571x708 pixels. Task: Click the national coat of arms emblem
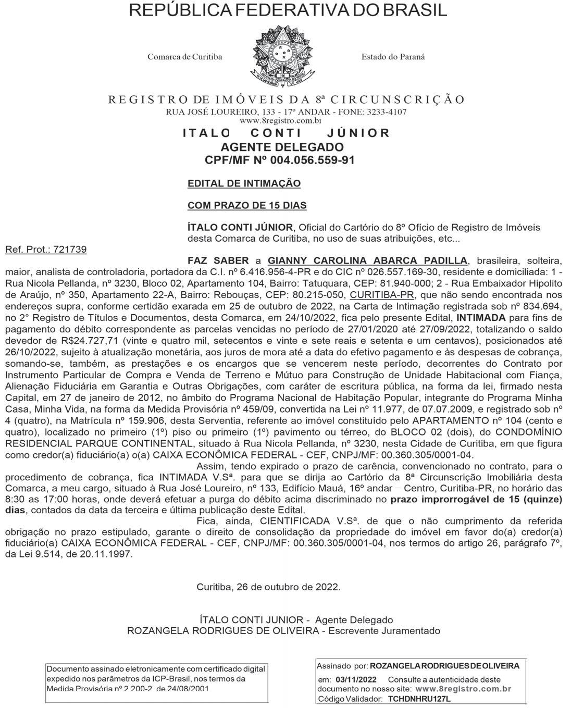(282, 58)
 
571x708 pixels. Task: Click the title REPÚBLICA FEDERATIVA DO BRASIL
(288, 10)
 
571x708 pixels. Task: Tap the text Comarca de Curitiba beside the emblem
(184, 57)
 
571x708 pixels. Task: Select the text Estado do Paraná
(393, 57)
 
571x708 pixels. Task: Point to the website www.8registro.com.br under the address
(285, 120)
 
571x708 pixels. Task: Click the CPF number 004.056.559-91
(316, 160)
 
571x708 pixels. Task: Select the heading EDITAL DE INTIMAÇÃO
(244, 183)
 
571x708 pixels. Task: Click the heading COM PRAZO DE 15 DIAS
(247, 205)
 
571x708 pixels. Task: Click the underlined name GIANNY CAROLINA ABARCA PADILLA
(367, 260)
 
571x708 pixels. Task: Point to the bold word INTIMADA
(481, 318)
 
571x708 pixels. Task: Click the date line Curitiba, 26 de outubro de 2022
(268, 587)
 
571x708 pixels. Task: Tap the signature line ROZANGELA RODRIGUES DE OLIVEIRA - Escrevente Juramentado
(283, 630)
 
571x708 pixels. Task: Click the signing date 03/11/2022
(356, 679)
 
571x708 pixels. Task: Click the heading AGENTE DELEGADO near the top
(282, 147)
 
